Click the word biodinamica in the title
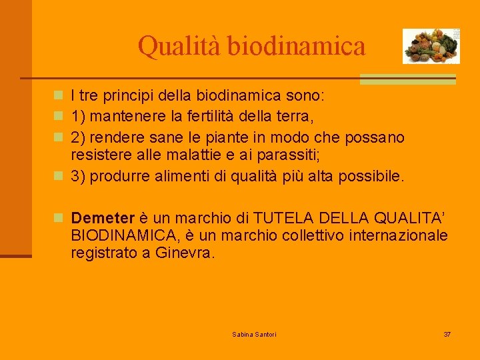[297, 46]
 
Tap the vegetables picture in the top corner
[431, 46]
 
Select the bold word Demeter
[103, 218]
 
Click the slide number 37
[447, 333]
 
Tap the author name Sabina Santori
[254, 333]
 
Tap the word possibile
[374, 176]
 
